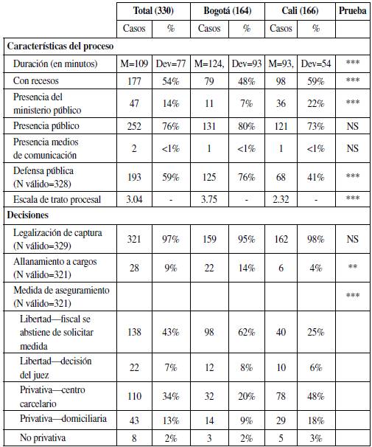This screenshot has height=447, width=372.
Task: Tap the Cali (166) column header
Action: (299, 11)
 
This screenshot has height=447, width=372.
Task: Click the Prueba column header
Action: (352, 11)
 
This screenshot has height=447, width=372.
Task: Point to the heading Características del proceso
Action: (60, 46)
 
